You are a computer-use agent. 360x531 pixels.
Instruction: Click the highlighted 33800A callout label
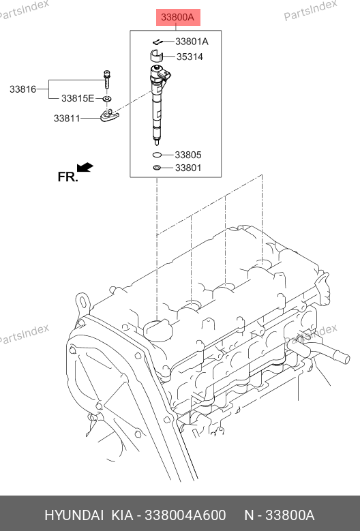(178, 17)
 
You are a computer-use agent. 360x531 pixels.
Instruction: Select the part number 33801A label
(192, 42)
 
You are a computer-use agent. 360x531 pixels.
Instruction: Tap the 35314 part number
(190, 57)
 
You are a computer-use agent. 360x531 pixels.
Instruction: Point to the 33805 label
(188, 155)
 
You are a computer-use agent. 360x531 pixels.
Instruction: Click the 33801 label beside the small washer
(188, 168)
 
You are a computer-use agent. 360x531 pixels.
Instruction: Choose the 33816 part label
(22, 89)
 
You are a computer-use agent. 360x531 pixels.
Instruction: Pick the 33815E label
(78, 99)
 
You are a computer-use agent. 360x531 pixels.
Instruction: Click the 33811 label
(67, 119)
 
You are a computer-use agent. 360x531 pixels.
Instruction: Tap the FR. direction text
(67, 177)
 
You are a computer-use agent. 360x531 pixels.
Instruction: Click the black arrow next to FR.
(85, 167)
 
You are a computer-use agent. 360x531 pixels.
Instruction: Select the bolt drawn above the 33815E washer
(107, 79)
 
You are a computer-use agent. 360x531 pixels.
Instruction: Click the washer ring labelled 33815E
(107, 99)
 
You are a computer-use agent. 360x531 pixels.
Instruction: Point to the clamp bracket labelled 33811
(109, 115)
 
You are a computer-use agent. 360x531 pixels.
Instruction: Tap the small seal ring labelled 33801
(157, 168)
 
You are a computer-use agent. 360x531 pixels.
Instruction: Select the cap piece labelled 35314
(156, 56)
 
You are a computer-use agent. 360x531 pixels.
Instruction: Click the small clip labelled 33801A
(157, 42)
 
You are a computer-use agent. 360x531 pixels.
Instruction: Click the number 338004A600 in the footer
(185, 515)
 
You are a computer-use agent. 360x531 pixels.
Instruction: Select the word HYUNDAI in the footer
(74, 515)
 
